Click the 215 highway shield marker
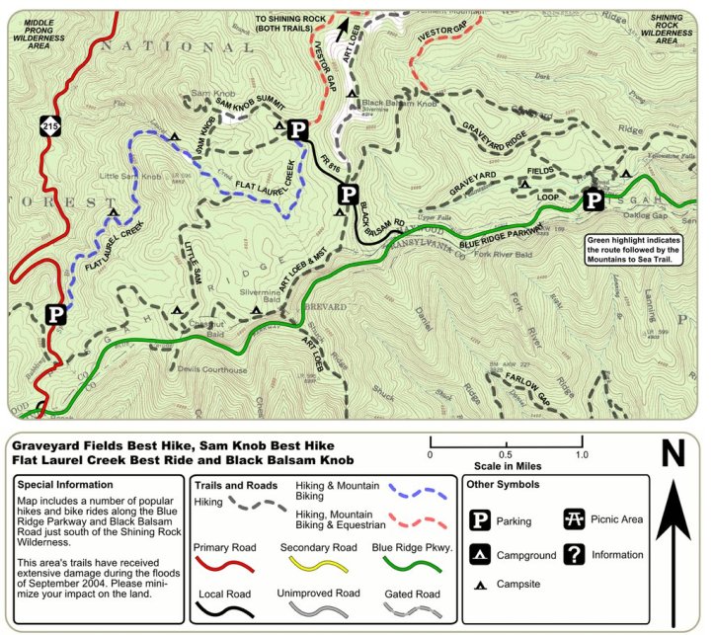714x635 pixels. pos(50,125)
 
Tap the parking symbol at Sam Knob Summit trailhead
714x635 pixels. pos(297,128)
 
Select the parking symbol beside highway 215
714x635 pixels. pos(56,314)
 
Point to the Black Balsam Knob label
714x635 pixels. pos(398,103)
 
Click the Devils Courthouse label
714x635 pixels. pos(212,370)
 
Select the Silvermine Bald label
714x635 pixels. pos(269,294)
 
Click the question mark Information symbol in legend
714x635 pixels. pos(574,554)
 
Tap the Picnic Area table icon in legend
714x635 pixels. pos(574,518)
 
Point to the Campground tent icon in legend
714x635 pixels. pos(481,554)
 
